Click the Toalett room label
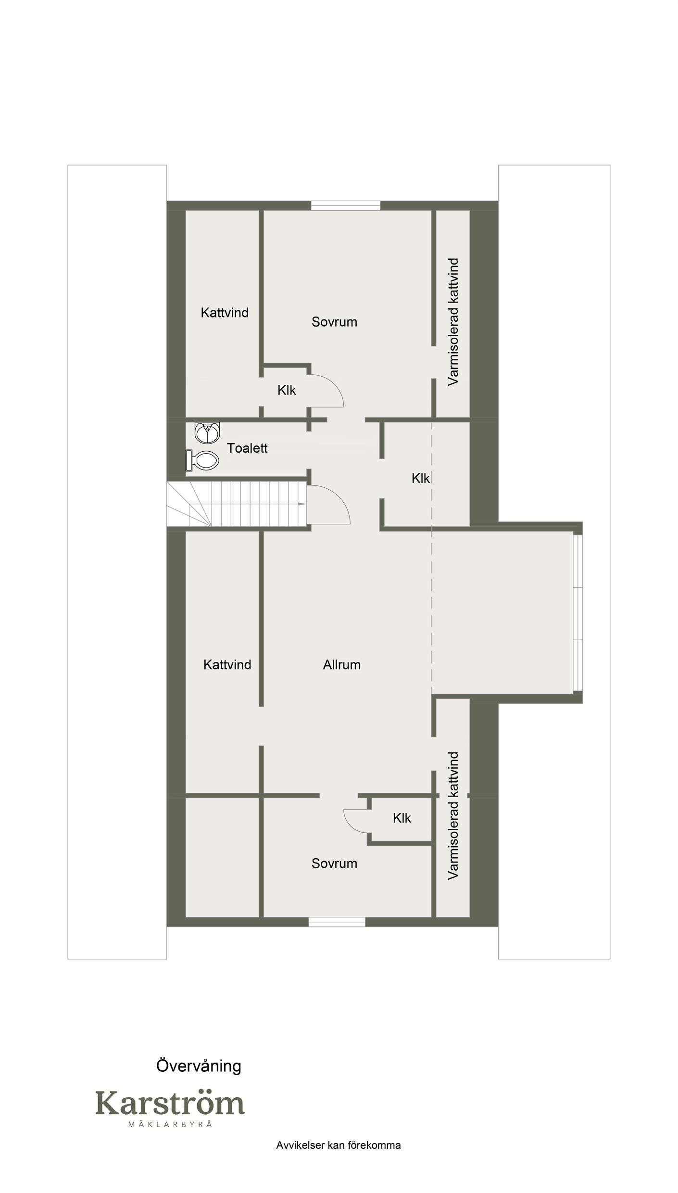pos(247,448)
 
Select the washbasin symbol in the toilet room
pos(207,432)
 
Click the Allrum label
pos(342,665)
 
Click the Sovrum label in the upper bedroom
pos(334,322)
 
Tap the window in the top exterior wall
pos(346,206)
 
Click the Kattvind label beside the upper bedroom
pos(225,313)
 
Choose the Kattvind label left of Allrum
pos(227,665)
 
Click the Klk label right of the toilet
pos(421,478)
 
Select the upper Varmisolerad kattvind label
pos(453,322)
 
